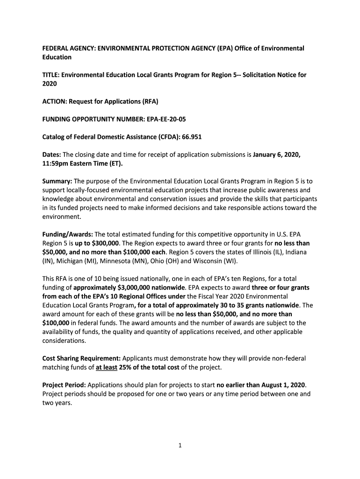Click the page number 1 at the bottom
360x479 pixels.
coord(180,445)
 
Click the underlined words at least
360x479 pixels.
coord(106,368)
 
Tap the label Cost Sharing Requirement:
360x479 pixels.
coord(81,359)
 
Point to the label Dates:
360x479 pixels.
coord(52,154)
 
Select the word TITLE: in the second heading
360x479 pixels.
coord(51,75)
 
